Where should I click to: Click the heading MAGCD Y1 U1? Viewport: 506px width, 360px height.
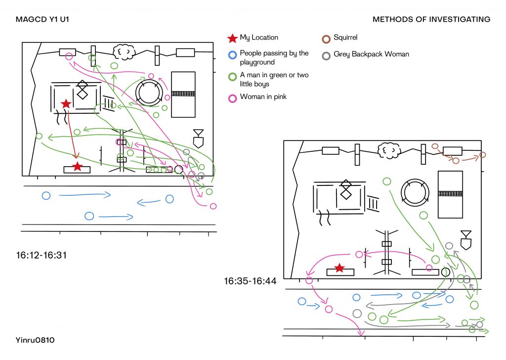[x=42, y=19]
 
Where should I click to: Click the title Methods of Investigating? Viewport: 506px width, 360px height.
[x=431, y=19]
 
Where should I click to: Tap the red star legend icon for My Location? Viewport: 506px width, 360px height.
[x=232, y=38]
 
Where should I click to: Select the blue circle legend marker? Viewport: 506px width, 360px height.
[x=232, y=55]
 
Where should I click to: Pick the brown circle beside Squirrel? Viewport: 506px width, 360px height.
[x=326, y=39]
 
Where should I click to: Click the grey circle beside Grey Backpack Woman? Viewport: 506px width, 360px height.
[x=326, y=56]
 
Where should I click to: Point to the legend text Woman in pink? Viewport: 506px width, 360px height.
[x=263, y=97]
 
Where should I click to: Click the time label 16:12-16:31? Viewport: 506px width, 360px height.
[x=42, y=255]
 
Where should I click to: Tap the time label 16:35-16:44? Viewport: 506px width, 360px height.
[x=250, y=281]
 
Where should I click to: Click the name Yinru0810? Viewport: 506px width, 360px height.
[x=35, y=340]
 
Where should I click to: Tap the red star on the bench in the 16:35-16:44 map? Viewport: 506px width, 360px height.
[x=339, y=268]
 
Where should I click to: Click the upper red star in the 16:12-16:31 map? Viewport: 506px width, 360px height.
[x=66, y=104]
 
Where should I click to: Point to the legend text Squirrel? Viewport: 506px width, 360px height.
[x=345, y=38]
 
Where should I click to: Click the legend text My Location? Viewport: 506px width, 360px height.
[x=259, y=38]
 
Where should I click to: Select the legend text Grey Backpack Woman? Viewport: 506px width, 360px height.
[x=371, y=54]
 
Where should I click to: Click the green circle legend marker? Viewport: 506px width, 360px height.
[x=232, y=77]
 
